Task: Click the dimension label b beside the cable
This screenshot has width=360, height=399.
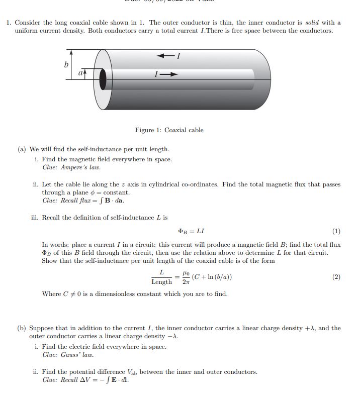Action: click(x=66, y=65)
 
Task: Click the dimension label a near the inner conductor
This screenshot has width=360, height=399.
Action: click(x=80, y=73)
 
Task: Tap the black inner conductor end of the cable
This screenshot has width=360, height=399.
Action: click(x=104, y=79)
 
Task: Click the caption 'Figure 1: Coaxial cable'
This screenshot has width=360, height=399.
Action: click(x=169, y=130)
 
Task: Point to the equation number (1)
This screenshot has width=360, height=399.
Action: click(x=336, y=231)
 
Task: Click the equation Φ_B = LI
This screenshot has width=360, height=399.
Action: click(x=191, y=231)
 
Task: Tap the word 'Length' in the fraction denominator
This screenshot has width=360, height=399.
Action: click(x=161, y=282)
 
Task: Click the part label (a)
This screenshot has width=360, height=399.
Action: click(x=22, y=149)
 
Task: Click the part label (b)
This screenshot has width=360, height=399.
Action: click(x=22, y=328)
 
